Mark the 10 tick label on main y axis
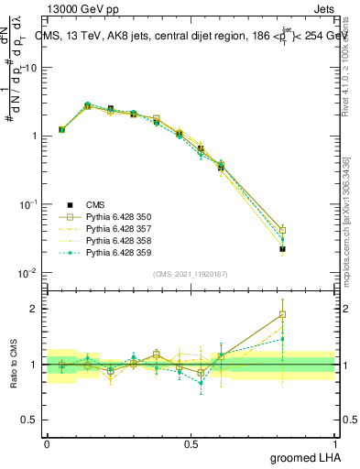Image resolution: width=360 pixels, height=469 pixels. [x=33, y=68]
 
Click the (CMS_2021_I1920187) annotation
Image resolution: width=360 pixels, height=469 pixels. [x=190, y=274]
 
